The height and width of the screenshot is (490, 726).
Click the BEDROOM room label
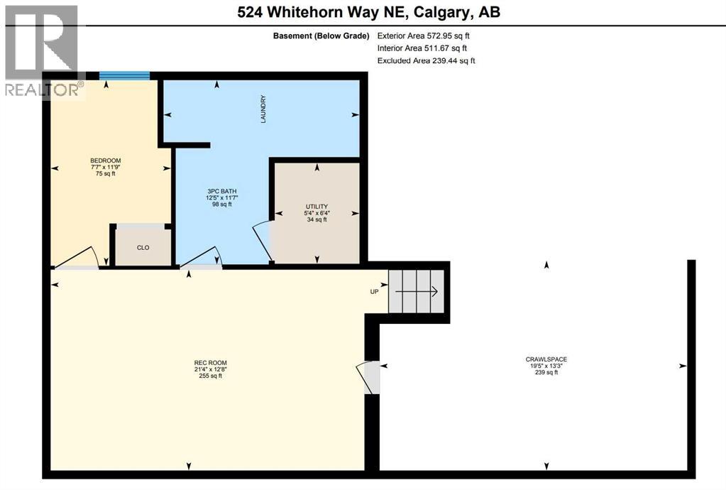tap(105, 160)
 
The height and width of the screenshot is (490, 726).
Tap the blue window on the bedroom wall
tap(124, 76)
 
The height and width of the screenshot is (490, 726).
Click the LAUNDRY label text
tap(263, 109)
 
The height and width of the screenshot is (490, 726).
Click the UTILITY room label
tap(316, 207)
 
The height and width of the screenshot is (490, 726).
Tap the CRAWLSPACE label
tap(546, 359)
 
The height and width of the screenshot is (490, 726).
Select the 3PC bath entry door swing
tap(202, 258)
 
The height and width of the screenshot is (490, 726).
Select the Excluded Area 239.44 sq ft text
tap(426, 60)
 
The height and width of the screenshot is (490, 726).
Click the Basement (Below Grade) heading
tap(321, 35)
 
